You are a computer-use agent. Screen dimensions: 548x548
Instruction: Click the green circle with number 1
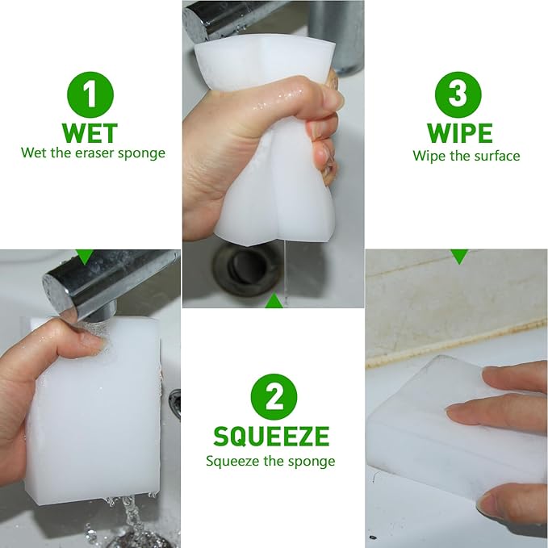(x=90, y=94)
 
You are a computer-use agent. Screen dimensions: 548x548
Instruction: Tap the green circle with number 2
(x=274, y=397)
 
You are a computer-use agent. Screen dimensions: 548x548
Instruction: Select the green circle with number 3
(x=458, y=94)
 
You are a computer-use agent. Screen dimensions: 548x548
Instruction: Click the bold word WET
(x=90, y=133)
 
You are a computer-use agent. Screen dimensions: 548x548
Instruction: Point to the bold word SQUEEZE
(x=271, y=437)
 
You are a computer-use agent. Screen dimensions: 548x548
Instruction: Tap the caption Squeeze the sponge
(x=270, y=462)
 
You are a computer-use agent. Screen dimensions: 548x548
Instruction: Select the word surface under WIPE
(x=495, y=156)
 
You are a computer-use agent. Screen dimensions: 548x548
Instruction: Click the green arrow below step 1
(x=84, y=257)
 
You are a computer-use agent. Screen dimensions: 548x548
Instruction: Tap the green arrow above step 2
(x=274, y=302)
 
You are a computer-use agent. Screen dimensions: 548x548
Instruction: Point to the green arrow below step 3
(x=459, y=257)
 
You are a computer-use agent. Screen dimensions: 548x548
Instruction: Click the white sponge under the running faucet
(x=97, y=412)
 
